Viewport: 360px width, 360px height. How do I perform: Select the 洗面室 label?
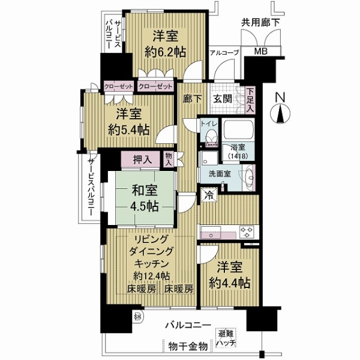point(220,174)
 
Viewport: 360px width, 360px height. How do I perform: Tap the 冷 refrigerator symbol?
point(207,194)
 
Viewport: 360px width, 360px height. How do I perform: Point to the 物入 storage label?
point(169,158)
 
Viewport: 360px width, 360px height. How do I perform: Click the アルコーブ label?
point(224,53)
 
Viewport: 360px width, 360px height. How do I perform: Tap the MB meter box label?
point(262,52)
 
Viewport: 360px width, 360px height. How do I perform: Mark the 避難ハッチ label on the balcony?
point(226,338)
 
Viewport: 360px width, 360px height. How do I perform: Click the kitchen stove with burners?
point(247,229)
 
